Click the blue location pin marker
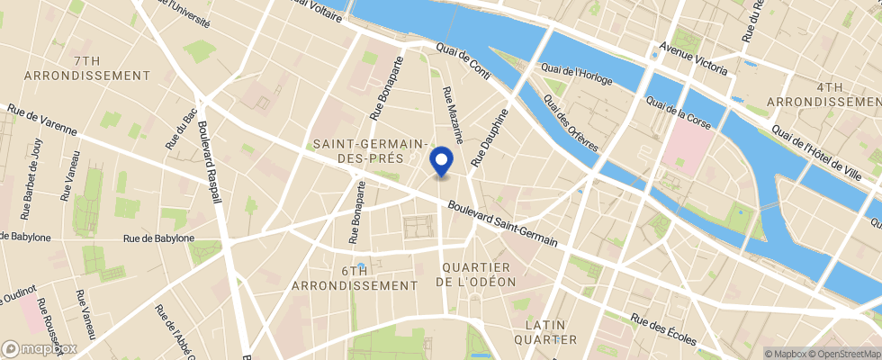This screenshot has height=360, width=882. click(441, 162)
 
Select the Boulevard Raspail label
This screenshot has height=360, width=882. click(214, 162)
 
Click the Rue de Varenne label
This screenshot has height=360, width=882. click(40, 122)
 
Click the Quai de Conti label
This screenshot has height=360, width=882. click(463, 64)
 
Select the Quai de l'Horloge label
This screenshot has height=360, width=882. click(576, 75)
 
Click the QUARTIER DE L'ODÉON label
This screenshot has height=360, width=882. click(476, 274)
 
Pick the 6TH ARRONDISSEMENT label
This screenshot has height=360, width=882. click(355, 277)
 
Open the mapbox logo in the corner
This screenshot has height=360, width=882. click(40, 348)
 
